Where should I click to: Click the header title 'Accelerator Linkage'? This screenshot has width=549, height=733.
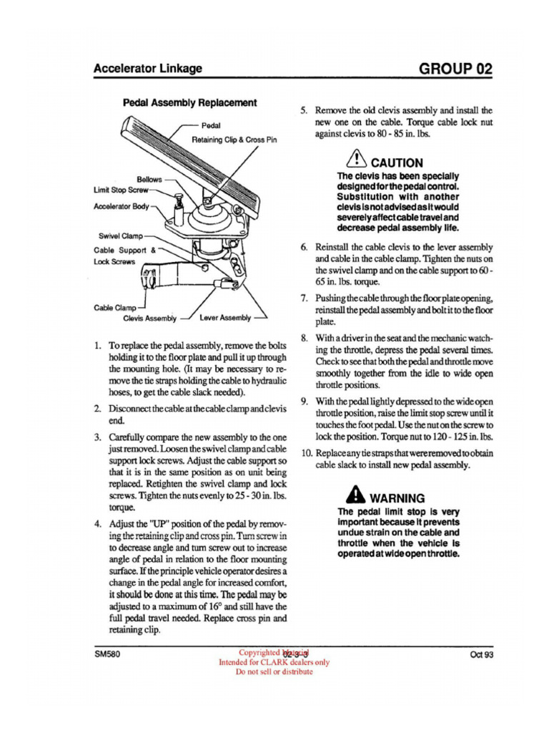click(148, 69)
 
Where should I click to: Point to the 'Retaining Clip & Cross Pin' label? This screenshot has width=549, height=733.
click(234, 140)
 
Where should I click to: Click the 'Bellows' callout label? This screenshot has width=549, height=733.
click(149, 179)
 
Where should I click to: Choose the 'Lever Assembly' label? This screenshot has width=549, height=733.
click(225, 317)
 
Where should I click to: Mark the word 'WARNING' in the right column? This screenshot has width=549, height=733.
click(397, 497)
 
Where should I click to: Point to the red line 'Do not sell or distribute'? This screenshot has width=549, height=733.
click(274, 671)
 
